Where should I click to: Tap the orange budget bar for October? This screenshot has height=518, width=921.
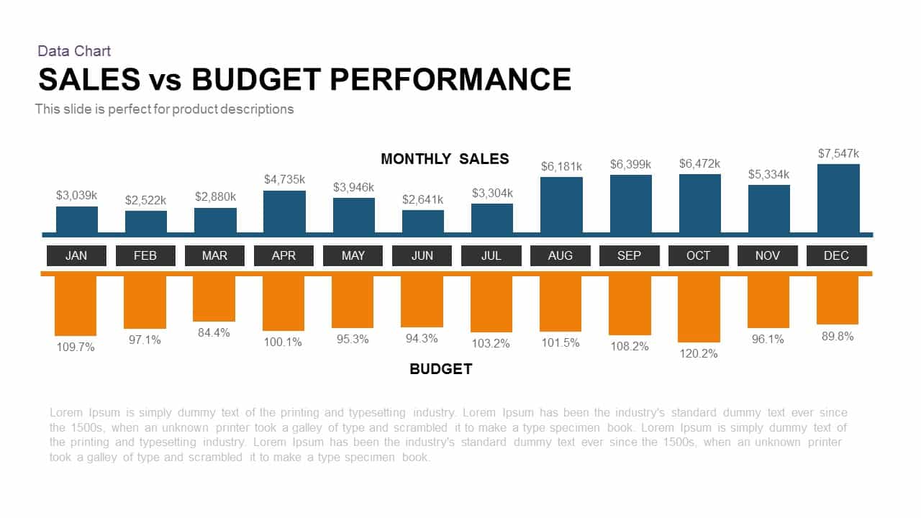click(699, 309)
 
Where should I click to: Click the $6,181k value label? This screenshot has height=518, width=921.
click(561, 166)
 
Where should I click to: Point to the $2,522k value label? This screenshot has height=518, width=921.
click(145, 199)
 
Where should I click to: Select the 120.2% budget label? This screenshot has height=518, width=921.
click(699, 353)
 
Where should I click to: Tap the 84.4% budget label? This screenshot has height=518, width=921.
click(214, 332)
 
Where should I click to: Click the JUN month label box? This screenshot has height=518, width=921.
click(422, 255)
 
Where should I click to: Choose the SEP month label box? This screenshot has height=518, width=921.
click(630, 255)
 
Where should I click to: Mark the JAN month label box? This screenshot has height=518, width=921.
click(76, 255)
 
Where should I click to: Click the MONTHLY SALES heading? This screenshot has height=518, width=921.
click(445, 159)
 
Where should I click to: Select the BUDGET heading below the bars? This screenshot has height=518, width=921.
click(440, 369)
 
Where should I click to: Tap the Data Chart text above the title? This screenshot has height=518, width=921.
click(74, 51)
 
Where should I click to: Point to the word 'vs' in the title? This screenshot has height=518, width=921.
click(166, 81)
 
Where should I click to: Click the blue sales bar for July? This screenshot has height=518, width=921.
click(492, 218)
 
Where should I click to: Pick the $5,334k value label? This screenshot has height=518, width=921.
click(768, 174)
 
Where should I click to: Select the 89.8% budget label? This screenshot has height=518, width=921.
click(838, 336)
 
